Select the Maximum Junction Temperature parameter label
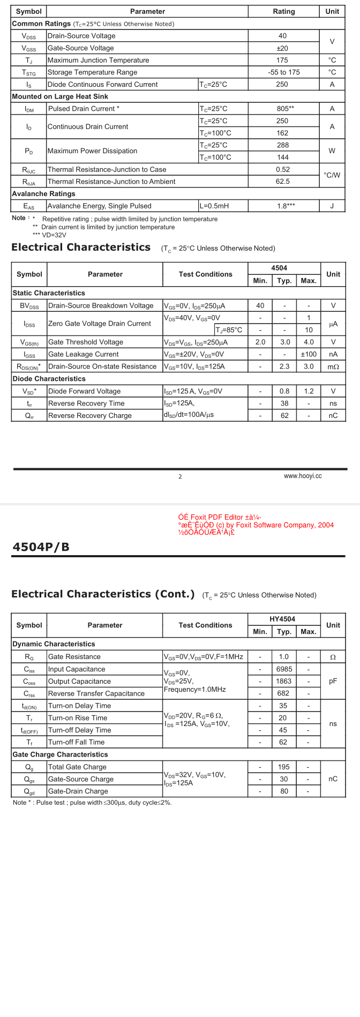pos(98,60)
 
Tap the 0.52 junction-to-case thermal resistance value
pos(282,169)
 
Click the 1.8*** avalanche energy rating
pos(286,206)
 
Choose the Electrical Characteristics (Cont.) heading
pos(103,594)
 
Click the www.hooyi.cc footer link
pos(303,476)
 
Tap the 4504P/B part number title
pos(41,547)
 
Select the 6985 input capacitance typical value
pos(284,669)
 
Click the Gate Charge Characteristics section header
pos(60,754)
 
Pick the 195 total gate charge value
pos(284,767)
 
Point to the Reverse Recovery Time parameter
pos(86,403)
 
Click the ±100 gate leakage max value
pos(309,354)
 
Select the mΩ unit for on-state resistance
pos(333,367)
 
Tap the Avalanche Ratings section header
pos(43,193)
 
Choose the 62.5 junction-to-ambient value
pos(282,182)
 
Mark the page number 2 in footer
pos(180,476)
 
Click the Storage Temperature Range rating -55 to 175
pos(284,72)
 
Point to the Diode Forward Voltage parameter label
pos(84,391)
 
